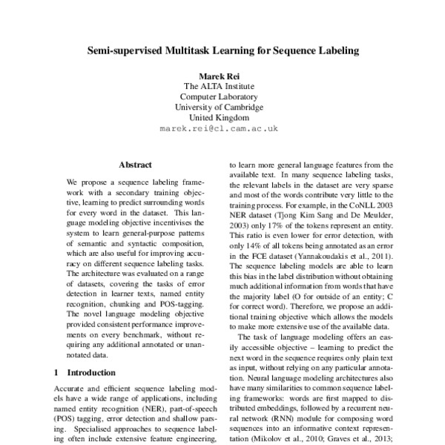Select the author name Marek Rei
click(222, 76)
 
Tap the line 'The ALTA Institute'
click(222, 86)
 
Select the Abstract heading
click(135, 165)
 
